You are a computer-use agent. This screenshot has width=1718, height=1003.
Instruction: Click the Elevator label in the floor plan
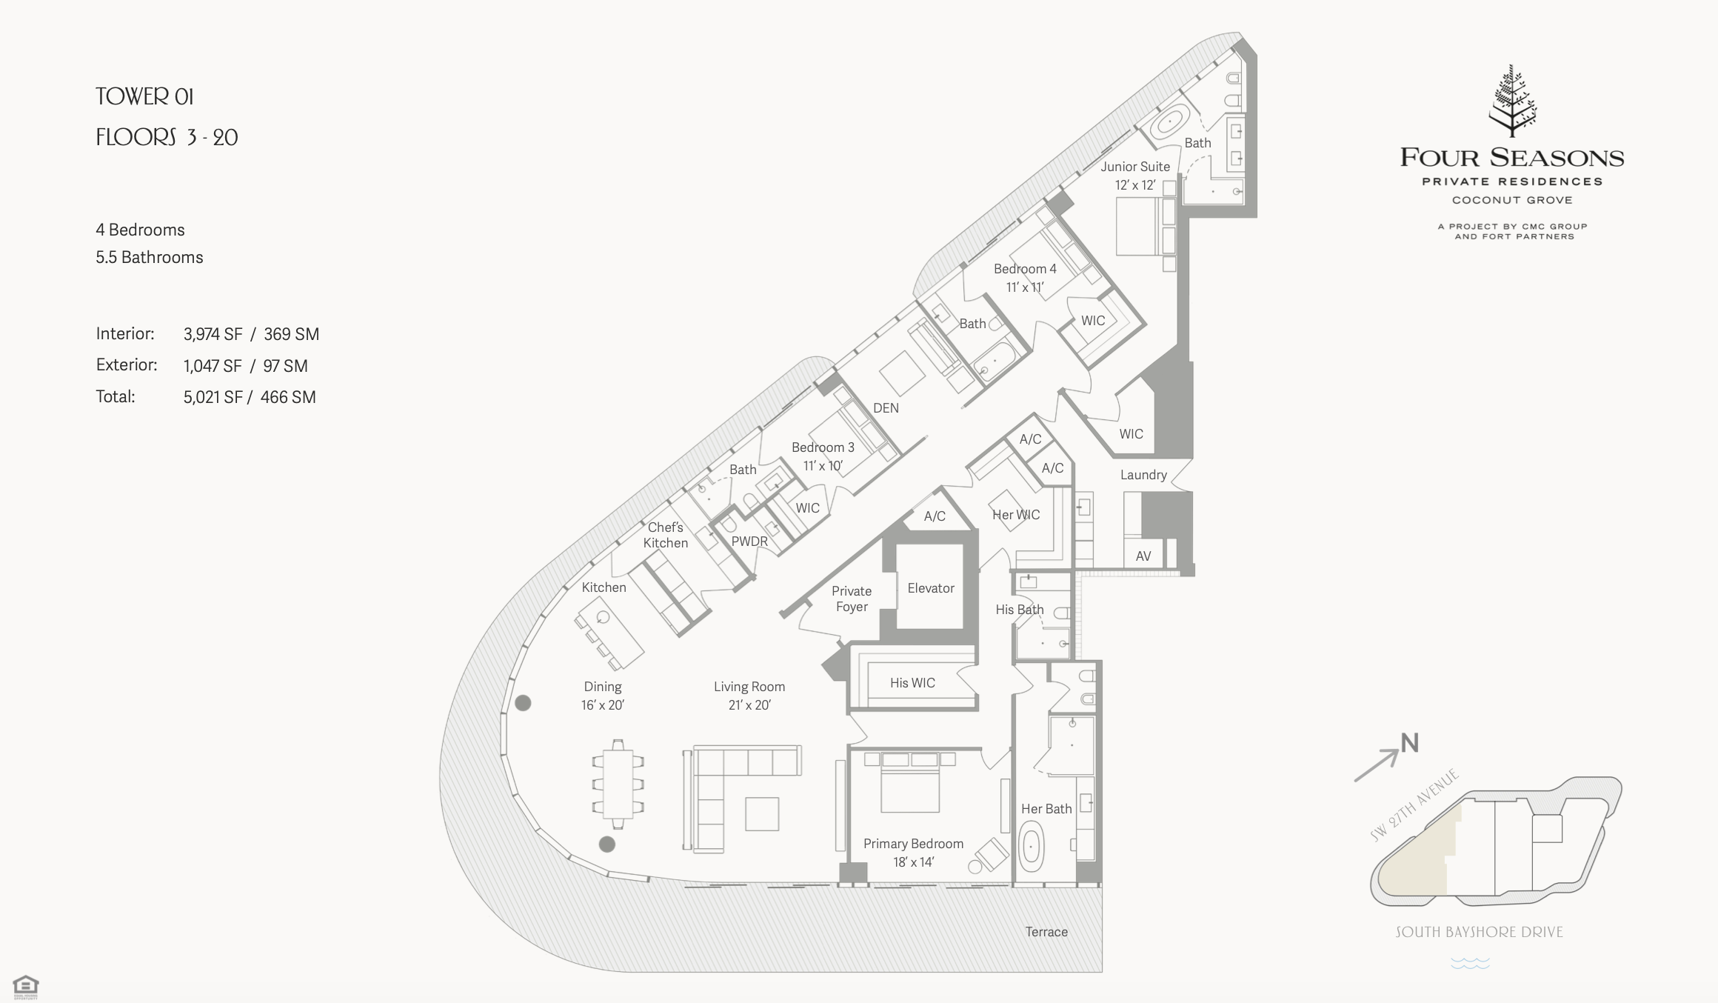[x=931, y=588]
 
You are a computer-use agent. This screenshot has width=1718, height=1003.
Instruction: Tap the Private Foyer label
[x=852, y=599]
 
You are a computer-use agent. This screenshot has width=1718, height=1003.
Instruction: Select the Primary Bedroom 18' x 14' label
[x=913, y=853]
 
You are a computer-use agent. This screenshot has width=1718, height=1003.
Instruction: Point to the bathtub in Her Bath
[x=1032, y=850]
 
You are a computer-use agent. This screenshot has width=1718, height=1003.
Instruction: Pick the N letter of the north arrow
[x=1409, y=743]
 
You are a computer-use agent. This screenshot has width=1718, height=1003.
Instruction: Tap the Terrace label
[x=1046, y=932]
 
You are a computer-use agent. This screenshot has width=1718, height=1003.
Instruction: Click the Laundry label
[x=1143, y=475]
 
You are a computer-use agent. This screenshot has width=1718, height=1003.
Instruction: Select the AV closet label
[x=1143, y=556]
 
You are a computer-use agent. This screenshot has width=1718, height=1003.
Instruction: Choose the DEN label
[x=886, y=408]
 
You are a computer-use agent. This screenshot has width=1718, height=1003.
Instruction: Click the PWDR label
[x=749, y=542]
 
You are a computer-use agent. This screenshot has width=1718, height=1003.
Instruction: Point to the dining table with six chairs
[x=618, y=784]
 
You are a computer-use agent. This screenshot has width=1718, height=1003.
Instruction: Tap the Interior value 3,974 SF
[x=213, y=334]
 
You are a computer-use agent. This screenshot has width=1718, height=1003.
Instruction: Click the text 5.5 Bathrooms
[x=150, y=257]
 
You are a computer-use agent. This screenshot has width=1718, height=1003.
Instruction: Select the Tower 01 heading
[x=144, y=96]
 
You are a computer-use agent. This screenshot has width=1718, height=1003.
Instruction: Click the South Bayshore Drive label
[x=1479, y=932]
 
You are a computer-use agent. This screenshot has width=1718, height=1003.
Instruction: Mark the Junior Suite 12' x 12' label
[x=1135, y=176]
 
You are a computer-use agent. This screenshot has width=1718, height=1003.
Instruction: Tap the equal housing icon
[x=25, y=986]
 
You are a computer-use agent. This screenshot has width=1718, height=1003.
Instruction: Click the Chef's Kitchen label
[x=665, y=535]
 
